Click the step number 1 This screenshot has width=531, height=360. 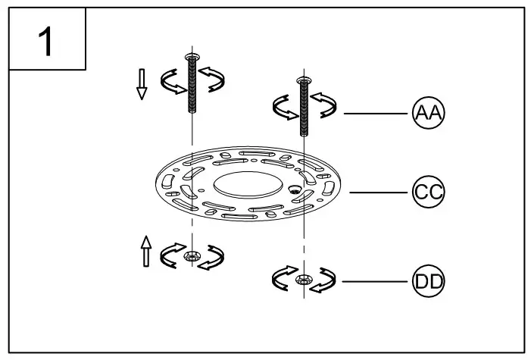[x=45, y=41]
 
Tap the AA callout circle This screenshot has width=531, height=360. [x=428, y=113]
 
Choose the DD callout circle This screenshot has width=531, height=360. [x=428, y=282]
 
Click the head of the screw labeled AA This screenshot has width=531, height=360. [x=304, y=80]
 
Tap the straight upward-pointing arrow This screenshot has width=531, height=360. [x=146, y=249]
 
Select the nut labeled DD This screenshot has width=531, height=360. [x=303, y=280]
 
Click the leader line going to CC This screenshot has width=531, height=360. [x=379, y=191]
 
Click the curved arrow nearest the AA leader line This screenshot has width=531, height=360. [x=328, y=106]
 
